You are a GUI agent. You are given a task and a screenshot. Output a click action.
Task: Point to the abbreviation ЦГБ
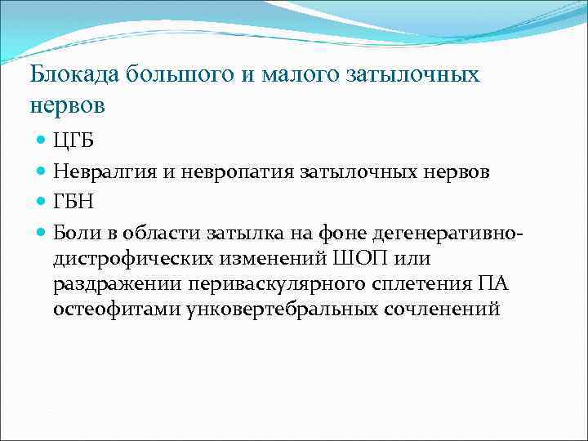(x=73, y=141)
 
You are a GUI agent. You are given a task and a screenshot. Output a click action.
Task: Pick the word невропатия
(x=230, y=172)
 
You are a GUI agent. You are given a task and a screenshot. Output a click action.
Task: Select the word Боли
(x=74, y=234)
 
